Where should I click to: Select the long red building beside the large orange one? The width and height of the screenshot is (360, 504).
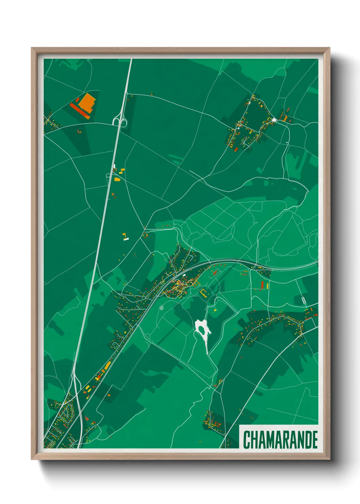[80, 110]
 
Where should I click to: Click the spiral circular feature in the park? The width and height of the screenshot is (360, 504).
[161, 308]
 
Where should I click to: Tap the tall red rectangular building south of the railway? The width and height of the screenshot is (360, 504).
[262, 285]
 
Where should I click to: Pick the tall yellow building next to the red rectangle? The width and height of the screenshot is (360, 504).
[267, 285]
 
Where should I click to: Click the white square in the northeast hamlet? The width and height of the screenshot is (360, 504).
[274, 120]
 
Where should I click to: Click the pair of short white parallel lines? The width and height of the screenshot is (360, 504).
[304, 300]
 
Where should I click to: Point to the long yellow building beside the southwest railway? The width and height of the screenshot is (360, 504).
[108, 366]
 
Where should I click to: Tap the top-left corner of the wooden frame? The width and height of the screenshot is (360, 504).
[32, 48]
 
